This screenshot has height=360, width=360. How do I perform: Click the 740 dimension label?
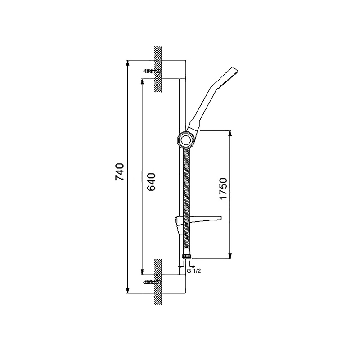pyautogui.click(x=119, y=172)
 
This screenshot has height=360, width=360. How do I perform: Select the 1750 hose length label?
pyautogui.click(x=223, y=189)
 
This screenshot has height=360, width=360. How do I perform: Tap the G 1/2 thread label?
pyautogui.click(x=194, y=271)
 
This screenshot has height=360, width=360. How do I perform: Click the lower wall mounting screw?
pyautogui.click(x=152, y=282)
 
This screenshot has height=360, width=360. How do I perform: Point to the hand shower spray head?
pyautogui.click(x=229, y=76)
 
